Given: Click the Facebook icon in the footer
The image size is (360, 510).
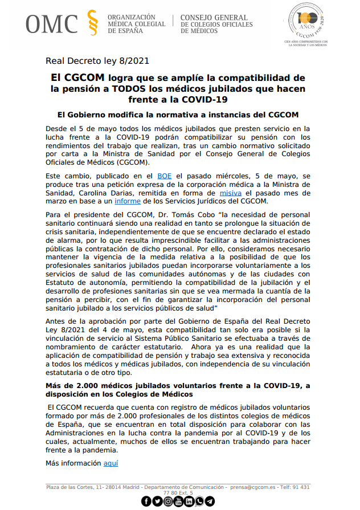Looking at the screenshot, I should [x=146, y=501].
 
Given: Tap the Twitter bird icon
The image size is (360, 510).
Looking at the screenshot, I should [x=157, y=501].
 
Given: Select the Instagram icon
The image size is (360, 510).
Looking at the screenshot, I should [x=167, y=501].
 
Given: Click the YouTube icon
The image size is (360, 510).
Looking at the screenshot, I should [x=178, y=501].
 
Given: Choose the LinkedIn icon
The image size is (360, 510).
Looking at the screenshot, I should [x=189, y=501].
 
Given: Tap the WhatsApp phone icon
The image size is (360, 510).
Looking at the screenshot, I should [x=199, y=501].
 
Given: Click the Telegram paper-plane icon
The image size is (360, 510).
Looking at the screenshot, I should [x=210, y=501].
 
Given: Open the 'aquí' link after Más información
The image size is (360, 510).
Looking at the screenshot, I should [x=111, y=463].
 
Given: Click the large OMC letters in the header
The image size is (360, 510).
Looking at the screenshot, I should [x=51, y=24].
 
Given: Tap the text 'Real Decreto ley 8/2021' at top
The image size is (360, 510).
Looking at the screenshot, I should [x=97, y=61].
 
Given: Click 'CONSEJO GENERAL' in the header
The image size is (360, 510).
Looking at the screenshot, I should [x=214, y=18].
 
